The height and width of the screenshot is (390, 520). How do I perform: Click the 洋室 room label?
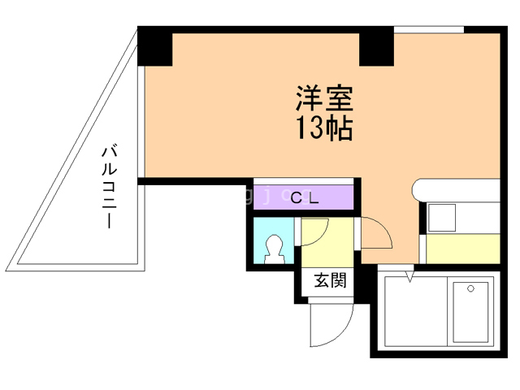coord(324,97)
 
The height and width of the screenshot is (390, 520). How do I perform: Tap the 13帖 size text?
coord(323,128)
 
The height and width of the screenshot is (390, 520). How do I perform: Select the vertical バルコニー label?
coord(110,188)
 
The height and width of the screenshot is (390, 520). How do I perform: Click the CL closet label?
coord(305,198)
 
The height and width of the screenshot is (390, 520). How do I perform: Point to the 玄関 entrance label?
coord(331,280)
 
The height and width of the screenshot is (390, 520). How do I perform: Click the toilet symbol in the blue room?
coord(275,249)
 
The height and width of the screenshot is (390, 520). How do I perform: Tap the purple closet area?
coord(303,197)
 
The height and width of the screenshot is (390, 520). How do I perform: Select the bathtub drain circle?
coord(470,288)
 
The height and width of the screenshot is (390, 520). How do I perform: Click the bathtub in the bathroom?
coord(470,312)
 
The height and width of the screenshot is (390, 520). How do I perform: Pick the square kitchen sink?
coord(442,218)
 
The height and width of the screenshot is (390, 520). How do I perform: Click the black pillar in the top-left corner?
coord(155,46)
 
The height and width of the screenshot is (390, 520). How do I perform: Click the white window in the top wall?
coord(429,29)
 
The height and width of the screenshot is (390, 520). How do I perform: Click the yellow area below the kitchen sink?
coord(463,249)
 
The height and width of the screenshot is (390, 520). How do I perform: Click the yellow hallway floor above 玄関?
coord(327,242)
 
